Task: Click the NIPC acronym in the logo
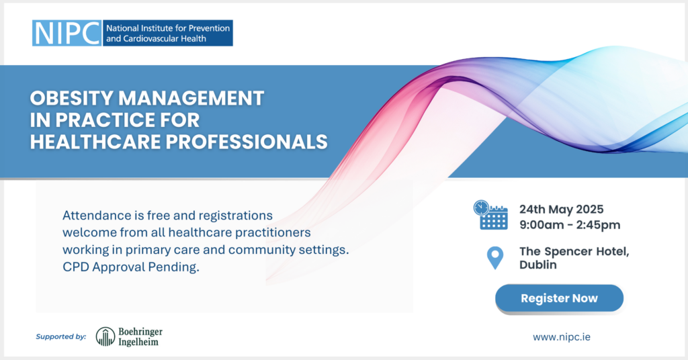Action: coord(67,33)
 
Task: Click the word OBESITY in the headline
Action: coord(71,98)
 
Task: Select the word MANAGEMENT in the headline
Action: coord(191,98)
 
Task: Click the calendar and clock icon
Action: coord(490,215)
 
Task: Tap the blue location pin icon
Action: coord(495,257)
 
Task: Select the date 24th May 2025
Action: coord(562,209)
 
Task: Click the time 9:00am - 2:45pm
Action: coord(570,225)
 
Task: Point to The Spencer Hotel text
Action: coord(574,252)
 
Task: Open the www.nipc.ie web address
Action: coord(562,337)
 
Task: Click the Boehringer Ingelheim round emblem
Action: coord(105,336)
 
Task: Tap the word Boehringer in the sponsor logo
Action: coord(140,332)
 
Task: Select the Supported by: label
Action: coord(61,336)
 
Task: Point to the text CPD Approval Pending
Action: coord(131,267)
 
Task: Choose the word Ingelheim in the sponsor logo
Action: coord(138,342)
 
